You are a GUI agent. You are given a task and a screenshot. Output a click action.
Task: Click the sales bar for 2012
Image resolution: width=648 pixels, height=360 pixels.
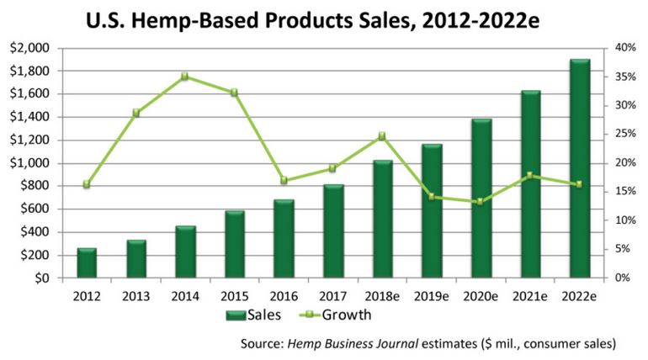87,263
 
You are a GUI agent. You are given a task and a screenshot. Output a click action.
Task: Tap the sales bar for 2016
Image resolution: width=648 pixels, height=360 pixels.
284,239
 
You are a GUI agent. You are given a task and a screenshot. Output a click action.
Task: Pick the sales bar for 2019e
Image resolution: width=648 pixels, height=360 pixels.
432,211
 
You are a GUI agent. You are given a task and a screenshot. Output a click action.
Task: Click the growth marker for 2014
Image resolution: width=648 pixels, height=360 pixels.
185,77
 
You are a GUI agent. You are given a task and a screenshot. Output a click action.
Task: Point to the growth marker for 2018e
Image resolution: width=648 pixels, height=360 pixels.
382,135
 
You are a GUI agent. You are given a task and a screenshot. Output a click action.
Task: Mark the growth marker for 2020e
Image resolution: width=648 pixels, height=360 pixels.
481,202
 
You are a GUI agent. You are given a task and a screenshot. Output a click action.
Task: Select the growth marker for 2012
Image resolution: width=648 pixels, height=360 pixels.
87,184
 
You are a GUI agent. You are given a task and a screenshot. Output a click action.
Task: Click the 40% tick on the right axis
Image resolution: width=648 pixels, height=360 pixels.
624,48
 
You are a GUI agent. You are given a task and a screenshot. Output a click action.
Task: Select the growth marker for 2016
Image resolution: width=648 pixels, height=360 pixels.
284,181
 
